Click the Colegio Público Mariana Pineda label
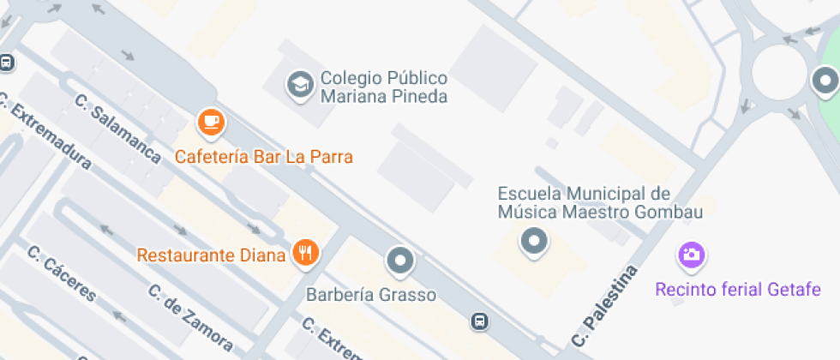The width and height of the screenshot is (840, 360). (x=383, y=87)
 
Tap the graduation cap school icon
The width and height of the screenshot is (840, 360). (x=300, y=84)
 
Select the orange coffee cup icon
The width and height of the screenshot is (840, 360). (x=211, y=123)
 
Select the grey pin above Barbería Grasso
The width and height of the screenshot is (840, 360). (x=399, y=260)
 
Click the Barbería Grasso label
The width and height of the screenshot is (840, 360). (x=371, y=295)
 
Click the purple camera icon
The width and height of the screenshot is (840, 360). (x=692, y=254)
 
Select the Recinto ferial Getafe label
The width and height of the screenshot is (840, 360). (x=737, y=289)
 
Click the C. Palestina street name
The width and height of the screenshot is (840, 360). (x=606, y=306)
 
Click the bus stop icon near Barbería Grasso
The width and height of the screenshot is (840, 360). (x=479, y=321)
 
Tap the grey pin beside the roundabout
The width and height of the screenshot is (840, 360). (x=825, y=82)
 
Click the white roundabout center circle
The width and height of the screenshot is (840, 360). (x=779, y=70)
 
